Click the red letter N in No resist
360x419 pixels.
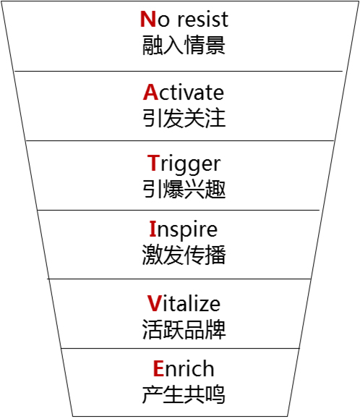(148, 19)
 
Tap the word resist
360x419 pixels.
(203, 20)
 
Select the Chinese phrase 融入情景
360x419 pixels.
(184, 45)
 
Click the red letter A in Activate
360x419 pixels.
(150, 92)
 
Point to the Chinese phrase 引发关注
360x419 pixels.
(184, 117)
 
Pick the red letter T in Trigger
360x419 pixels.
(153, 163)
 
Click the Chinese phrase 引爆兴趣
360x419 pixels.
(184, 189)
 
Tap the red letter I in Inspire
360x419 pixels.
(153, 229)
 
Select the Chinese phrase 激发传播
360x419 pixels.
(184, 255)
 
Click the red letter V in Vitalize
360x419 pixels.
(154, 303)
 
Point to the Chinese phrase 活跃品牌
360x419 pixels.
(184, 329)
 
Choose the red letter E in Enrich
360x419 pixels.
(158, 368)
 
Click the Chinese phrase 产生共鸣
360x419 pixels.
(184, 394)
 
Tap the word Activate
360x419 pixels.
(184, 92)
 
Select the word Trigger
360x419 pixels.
(184, 164)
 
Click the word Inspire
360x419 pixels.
(184, 230)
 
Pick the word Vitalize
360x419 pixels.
(184, 303)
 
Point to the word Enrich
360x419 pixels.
(184, 368)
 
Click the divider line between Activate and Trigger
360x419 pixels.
(180, 140)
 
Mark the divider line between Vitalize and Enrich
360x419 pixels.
(181, 349)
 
